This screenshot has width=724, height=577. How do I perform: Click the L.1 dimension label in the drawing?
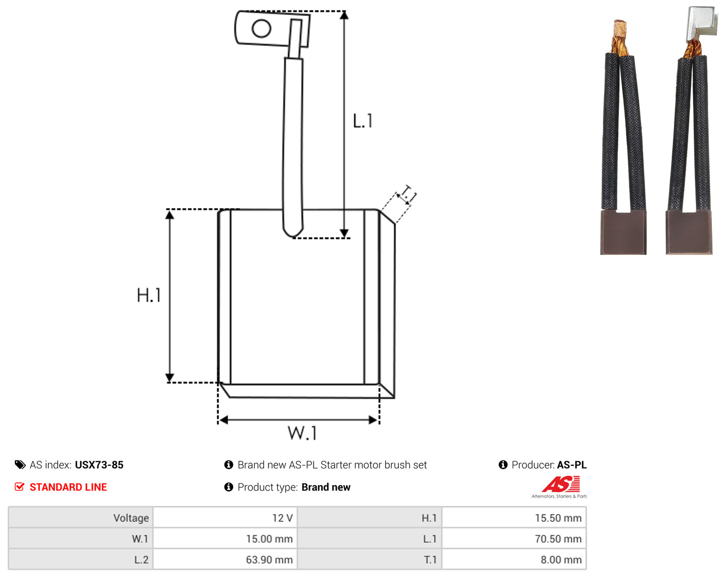point(363,121)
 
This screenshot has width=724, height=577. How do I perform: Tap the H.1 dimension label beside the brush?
point(149,295)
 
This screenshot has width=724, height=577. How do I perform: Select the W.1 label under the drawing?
point(302,433)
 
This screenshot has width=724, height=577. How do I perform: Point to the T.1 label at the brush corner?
point(407,194)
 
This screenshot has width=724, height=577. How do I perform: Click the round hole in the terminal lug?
point(261,28)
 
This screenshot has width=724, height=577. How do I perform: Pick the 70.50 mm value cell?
point(514,538)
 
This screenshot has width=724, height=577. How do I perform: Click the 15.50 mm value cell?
point(514,518)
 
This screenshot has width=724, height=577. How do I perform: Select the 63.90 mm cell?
point(224,559)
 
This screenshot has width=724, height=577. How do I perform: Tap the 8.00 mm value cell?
point(514,559)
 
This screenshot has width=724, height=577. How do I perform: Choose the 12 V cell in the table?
point(224,518)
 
